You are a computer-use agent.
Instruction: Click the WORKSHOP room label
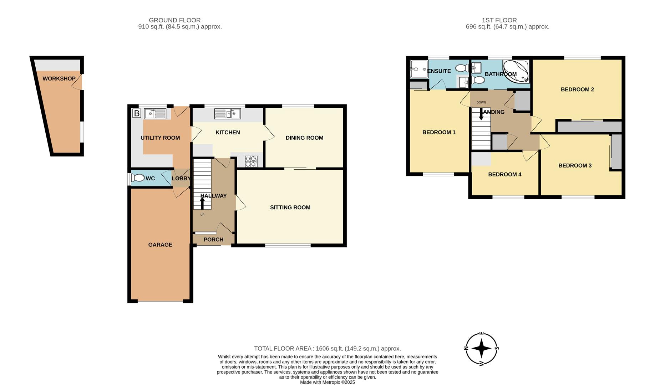[x=59, y=78]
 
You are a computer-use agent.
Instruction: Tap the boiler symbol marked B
[x=137, y=114]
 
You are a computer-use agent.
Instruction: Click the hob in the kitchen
[x=251, y=161]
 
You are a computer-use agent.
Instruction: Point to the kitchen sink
[x=228, y=114]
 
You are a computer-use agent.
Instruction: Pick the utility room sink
[x=155, y=114]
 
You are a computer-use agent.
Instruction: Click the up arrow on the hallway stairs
[x=202, y=204]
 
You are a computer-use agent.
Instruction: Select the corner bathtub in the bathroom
[x=516, y=72]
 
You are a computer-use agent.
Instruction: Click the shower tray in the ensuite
[x=419, y=69]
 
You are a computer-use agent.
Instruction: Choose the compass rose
[x=482, y=349]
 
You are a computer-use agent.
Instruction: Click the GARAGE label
[x=160, y=245]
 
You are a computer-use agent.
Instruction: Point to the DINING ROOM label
[x=304, y=138]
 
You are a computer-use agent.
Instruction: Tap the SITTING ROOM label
[x=290, y=207]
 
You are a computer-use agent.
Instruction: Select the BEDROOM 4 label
[x=505, y=174]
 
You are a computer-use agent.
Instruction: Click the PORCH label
[x=213, y=240]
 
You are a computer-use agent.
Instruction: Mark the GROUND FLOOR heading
[x=175, y=20]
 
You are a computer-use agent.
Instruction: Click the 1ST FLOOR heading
[x=499, y=20]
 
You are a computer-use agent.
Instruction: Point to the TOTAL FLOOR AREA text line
[x=327, y=349]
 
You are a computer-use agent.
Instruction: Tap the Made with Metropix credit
[x=327, y=382]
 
